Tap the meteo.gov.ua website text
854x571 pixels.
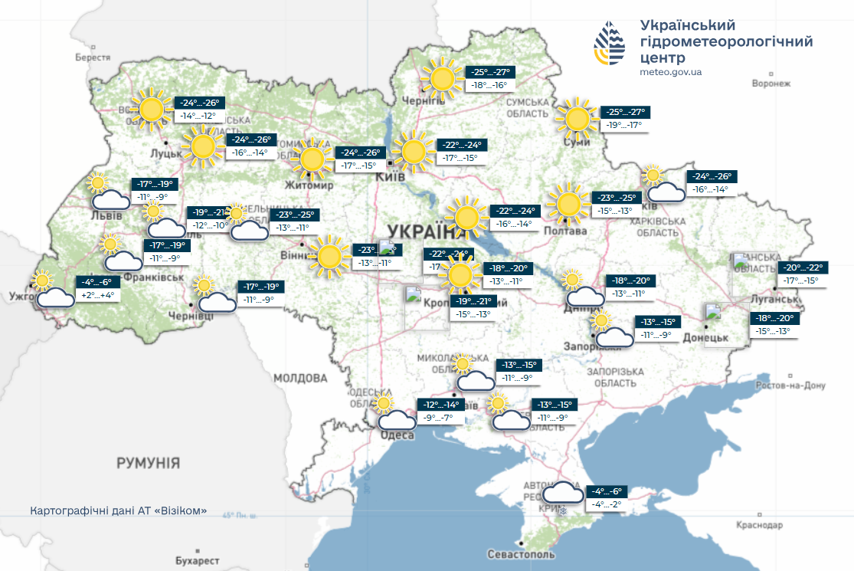pyautogui.click(x=670, y=71)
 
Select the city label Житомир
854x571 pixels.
pyautogui.click(x=309, y=185)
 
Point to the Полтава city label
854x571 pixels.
pyautogui.click(x=564, y=231)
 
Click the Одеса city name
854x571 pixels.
pyautogui.click(x=398, y=435)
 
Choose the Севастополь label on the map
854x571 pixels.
pyautogui.click(x=520, y=553)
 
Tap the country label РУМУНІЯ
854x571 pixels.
pyautogui.click(x=148, y=463)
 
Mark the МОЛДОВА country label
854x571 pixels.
pyautogui.click(x=300, y=379)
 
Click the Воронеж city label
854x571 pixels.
pyautogui.click(x=771, y=84)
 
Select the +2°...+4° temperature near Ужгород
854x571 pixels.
pyautogui.click(x=97, y=295)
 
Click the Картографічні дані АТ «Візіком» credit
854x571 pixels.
pyautogui.click(x=119, y=511)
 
